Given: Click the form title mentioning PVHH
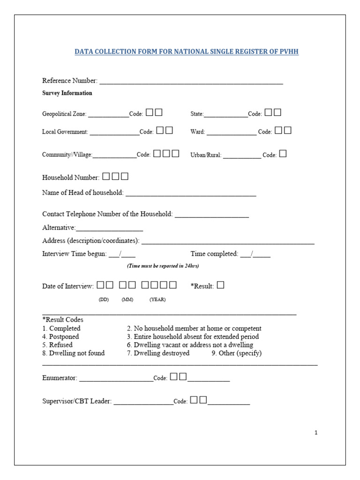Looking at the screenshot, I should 187,52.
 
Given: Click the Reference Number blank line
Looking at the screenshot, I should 191,82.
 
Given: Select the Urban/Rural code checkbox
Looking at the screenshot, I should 283,154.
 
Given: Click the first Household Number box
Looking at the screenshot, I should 106,177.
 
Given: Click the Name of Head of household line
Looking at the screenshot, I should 191,194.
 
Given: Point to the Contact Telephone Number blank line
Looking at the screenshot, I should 211,216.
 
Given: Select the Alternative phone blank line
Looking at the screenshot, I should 109,229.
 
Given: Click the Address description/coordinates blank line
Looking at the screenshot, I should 228,242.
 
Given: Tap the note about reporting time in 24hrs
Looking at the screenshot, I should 163,266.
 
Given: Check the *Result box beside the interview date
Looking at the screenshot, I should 220,285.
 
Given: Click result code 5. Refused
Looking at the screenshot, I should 58,345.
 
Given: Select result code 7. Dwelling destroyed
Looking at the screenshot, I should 158,353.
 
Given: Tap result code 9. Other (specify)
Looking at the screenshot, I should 236,353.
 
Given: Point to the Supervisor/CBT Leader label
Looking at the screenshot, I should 77,401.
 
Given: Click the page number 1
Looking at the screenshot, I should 316,433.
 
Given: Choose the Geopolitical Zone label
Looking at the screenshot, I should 64,114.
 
